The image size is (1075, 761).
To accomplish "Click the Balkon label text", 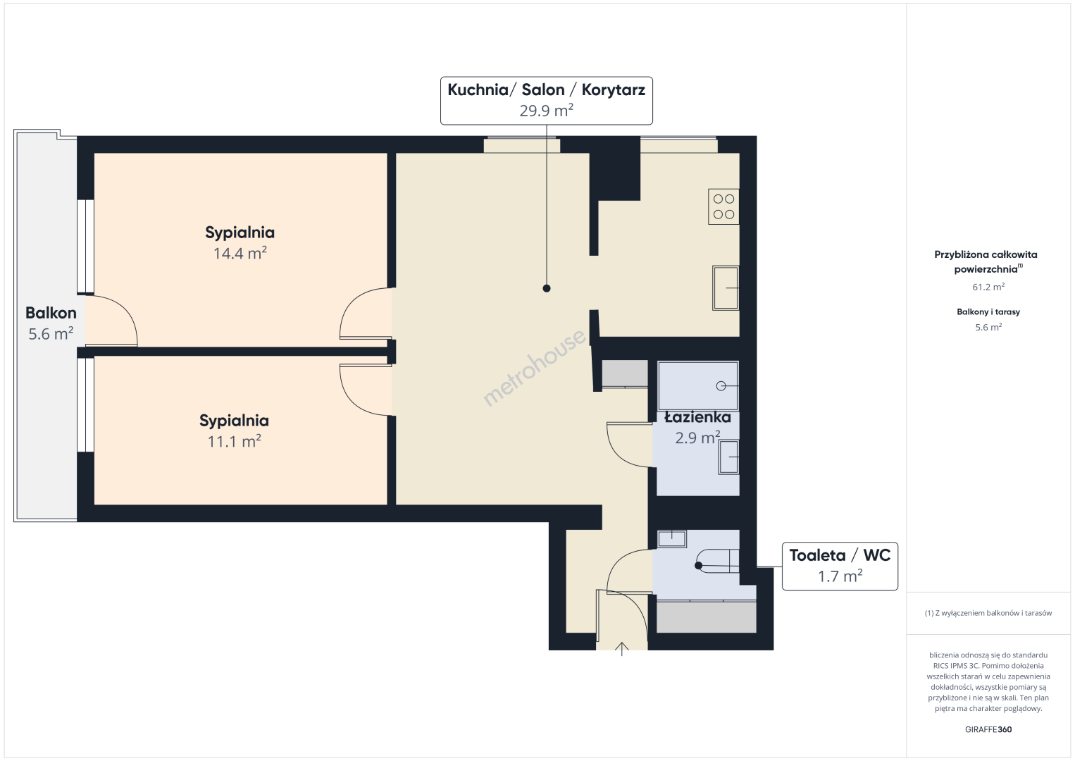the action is [51, 313].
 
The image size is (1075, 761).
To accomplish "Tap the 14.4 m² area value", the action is [240, 253].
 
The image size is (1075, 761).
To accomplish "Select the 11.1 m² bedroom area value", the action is [234, 441].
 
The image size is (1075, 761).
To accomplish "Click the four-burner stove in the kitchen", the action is [723, 206].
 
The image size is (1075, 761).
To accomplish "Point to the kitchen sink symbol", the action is [725, 288].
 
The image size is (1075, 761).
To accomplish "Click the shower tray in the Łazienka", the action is [698, 387].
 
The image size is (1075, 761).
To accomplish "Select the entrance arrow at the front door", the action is [621, 649].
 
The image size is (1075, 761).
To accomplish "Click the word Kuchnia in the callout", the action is [478, 89].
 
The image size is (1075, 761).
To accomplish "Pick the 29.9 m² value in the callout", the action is [546, 111].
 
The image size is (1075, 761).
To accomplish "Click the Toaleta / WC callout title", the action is [840, 555].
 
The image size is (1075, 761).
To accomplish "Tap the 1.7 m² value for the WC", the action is [840, 576].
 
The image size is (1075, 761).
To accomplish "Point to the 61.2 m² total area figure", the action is [988, 287].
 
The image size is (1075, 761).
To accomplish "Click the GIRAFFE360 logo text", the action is [988, 729].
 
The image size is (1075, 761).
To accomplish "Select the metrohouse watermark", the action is [534, 367].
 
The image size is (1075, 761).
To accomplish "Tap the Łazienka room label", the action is [697, 417].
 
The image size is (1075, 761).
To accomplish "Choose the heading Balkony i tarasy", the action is [988, 311].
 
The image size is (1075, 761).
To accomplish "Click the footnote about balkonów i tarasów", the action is [988, 613].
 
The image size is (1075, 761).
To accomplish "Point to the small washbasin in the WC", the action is [671, 539].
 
